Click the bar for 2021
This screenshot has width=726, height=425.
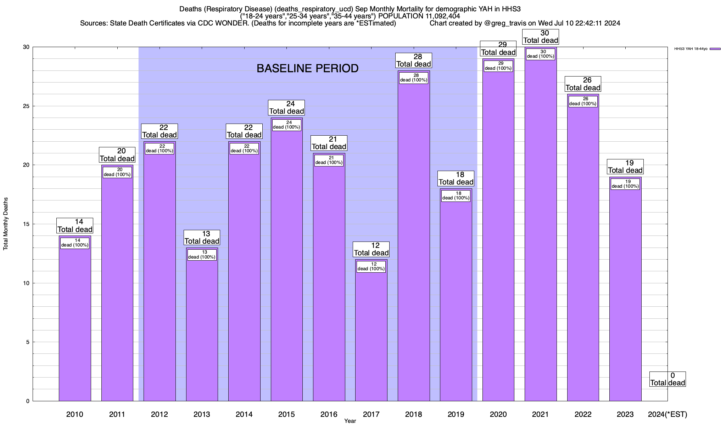[541, 230]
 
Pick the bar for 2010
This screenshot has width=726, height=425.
[75, 319]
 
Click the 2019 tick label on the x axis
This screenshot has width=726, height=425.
[456, 414]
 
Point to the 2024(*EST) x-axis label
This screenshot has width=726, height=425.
[667, 414]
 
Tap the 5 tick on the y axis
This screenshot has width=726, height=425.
[28, 342]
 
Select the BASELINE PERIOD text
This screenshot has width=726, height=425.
[307, 68]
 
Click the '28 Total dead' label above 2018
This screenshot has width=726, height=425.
[414, 60]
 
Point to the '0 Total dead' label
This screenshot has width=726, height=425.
[668, 379]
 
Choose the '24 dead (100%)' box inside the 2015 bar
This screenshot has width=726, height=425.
[287, 125]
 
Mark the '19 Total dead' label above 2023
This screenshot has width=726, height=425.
[625, 167]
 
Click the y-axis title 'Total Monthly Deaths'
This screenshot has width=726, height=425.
[6, 223]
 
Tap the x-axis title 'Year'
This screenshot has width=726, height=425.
[350, 421]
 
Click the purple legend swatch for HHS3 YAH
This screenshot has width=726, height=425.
[715, 49]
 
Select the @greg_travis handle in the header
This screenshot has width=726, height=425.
[504, 23]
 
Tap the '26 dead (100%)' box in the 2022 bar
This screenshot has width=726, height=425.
[583, 101]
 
